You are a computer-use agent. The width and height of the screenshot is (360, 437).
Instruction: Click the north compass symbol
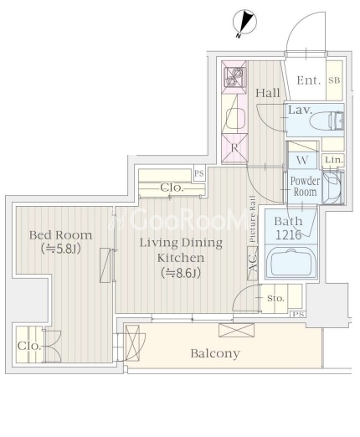(x=244, y=23)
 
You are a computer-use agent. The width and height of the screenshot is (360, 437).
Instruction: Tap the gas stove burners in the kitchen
(x=234, y=77)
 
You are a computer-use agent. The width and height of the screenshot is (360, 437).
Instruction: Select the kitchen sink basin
(x=235, y=118)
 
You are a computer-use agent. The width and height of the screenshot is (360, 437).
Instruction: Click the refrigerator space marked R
(x=234, y=148)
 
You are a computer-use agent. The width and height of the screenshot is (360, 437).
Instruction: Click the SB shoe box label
(x=334, y=80)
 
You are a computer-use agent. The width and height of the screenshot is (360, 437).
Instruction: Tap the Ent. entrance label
(x=308, y=80)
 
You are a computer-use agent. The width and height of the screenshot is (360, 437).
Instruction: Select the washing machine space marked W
(x=302, y=160)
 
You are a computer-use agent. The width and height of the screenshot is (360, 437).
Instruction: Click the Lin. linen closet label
(x=334, y=160)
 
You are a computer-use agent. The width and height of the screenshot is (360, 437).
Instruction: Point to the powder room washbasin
(x=332, y=188)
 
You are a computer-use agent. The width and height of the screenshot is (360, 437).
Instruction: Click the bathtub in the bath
(x=291, y=262)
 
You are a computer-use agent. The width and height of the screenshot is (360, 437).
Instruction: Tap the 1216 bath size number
(x=289, y=235)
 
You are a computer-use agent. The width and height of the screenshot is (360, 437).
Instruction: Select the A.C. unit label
(x=253, y=263)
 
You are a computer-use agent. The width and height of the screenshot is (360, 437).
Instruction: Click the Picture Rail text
(x=253, y=219)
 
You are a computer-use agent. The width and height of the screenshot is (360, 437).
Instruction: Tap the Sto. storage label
(x=275, y=298)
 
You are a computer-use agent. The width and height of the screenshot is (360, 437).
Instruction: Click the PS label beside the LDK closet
(x=199, y=173)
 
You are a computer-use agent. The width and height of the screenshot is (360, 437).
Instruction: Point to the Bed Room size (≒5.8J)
(x=61, y=249)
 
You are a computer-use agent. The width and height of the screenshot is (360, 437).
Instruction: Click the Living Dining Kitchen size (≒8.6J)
(x=181, y=273)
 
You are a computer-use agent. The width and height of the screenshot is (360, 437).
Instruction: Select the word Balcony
(x=215, y=353)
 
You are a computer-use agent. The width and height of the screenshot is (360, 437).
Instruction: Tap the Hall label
(x=268, y=93)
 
